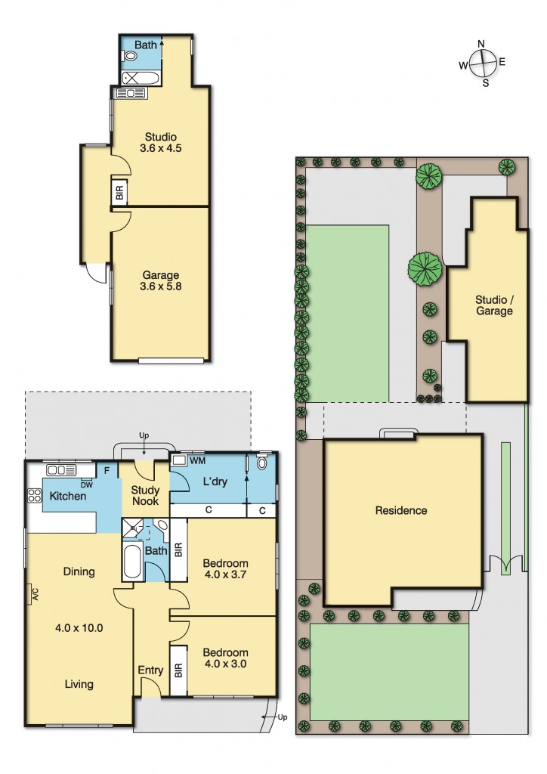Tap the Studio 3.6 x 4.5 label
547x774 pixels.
click(159, 143)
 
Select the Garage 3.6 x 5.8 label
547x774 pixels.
click(159, 281)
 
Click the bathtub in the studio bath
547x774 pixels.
click(141, 77)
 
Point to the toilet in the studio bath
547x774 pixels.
click(126, 55)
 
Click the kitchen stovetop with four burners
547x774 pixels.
click(35, 497)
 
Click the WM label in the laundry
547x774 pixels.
click(197, 460)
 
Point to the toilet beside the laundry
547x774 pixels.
click(262, 463)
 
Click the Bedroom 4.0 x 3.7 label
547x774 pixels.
click(225, 570)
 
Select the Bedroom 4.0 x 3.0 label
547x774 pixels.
click(225, 658)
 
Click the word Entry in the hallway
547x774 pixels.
click(150, 670)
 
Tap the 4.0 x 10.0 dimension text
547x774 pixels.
click(79, 627)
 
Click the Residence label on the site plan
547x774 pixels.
click(401, 511)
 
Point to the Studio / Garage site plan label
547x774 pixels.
click(494, 305)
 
